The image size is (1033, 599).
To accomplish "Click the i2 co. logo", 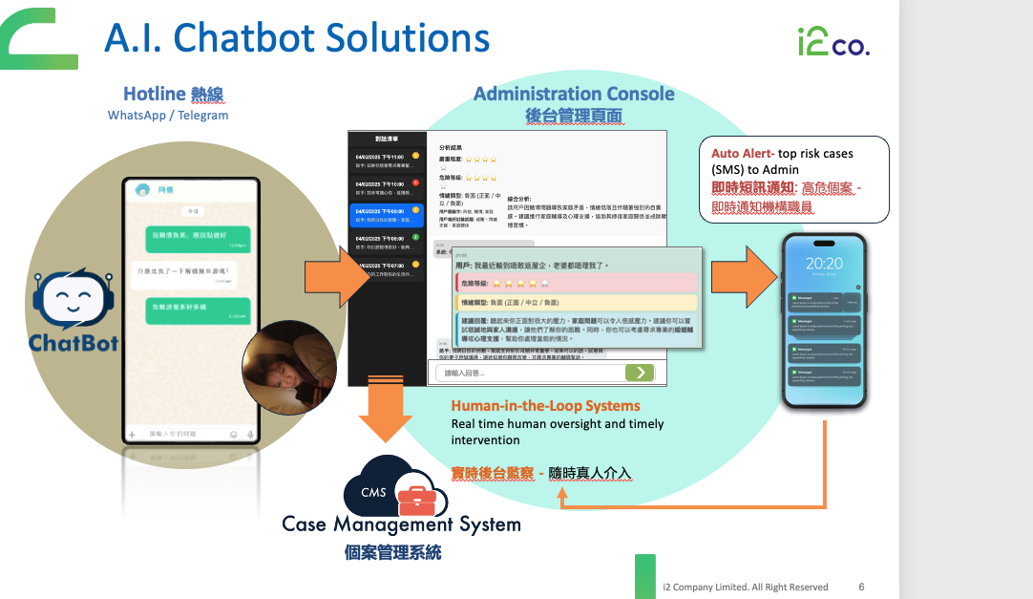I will [833, 41].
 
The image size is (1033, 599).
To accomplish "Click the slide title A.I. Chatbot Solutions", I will [297, 38].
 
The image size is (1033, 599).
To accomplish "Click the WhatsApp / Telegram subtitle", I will [168, 115].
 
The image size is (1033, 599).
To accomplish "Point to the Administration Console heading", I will [574, 94].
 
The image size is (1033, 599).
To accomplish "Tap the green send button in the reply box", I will [640, 373].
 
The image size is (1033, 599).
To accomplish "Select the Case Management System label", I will [401, 524].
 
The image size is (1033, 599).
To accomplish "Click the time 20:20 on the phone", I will [823, 264].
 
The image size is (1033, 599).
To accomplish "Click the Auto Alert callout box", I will [793, 179].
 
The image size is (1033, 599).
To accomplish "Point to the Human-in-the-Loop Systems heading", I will [545, 405].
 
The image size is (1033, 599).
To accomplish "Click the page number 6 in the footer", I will [862, 587].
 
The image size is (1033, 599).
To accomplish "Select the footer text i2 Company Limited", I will [745, 587].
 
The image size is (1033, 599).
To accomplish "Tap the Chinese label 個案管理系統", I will [393, 552].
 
